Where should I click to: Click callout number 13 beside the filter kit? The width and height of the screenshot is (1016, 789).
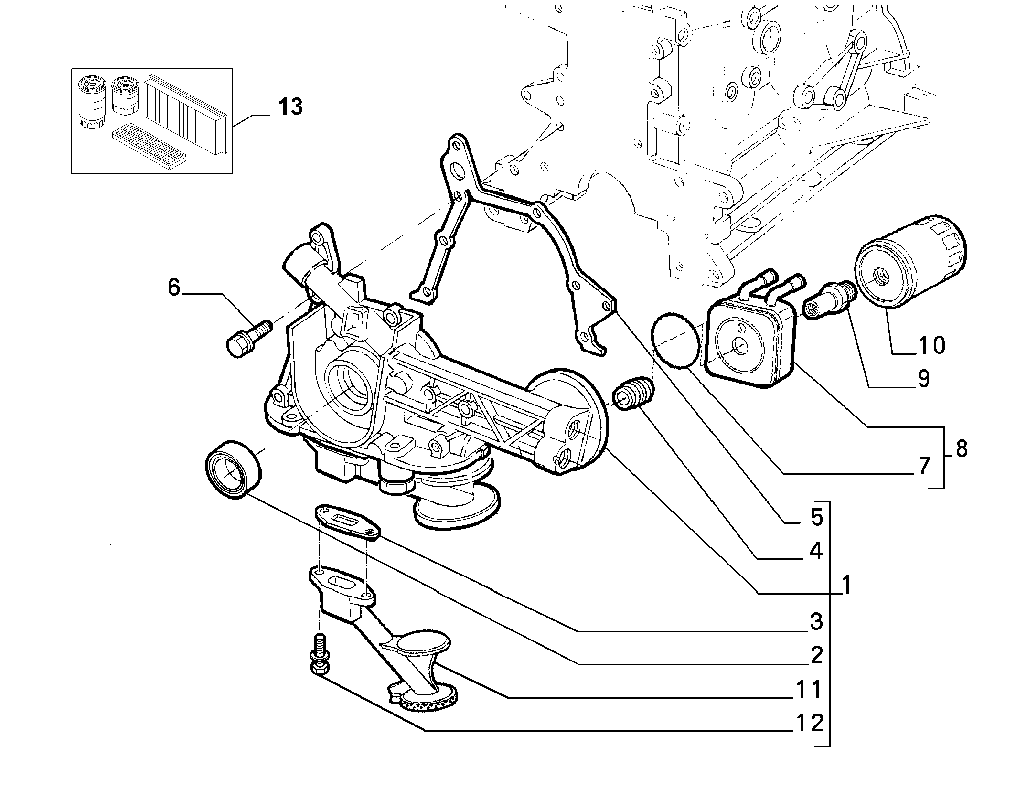click(290, 107)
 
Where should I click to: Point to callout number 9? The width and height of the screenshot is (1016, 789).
click(923, 379)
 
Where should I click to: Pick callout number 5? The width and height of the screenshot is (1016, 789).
click(816, 517)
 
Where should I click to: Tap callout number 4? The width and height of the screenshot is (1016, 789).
click(816, 552)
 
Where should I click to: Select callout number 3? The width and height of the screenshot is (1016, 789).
click(816, 621)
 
